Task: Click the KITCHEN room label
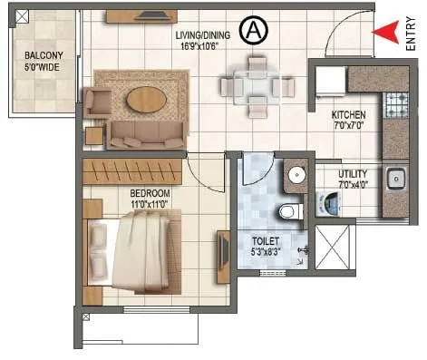pyautogui.click(x=348, y=115)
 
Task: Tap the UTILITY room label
pyautogui.click(x=354, y=173)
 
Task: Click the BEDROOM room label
pyautogui.click(x=124, y=193)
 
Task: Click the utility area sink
pyautogui.click(x=397, y=180)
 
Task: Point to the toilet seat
pyautogui.click(x=289, y=211)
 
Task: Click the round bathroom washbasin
pyautogui.click(x=296, y=176)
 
